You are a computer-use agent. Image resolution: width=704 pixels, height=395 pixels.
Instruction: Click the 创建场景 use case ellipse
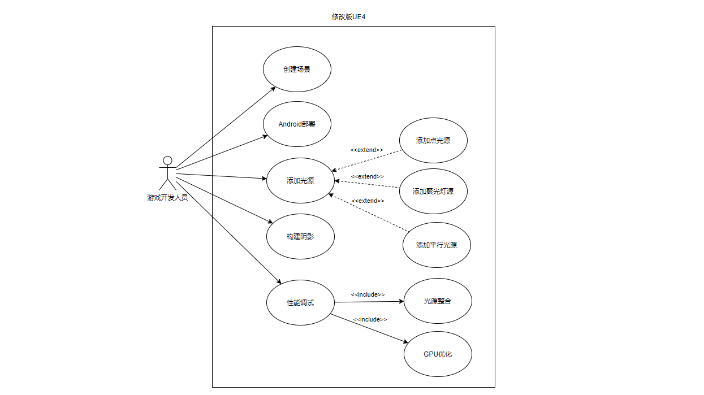coord(297,70)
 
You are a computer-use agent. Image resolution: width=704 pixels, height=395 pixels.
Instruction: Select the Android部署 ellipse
coord(297,124)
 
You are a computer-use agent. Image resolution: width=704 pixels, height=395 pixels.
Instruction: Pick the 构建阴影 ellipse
coord(300,236)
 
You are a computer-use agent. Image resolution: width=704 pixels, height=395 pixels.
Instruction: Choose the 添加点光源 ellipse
coord(433,140)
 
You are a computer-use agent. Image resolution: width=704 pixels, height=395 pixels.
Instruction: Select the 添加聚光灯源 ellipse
coord(433,191)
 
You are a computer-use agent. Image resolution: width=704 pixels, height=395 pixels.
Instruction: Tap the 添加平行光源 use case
coord(437,245)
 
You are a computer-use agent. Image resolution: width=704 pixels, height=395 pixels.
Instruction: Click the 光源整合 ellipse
coord(438,301)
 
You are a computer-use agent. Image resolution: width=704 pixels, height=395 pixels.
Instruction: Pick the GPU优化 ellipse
coord(438,354)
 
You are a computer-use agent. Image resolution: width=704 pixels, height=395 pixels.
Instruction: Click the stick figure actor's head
coord(167,160)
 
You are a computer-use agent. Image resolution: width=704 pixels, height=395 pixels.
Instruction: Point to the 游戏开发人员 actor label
coord(167,198)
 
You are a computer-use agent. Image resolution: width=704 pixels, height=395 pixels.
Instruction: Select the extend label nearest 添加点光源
coord(366,150)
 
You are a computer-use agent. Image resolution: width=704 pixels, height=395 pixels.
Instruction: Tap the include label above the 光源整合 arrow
coord(368,294)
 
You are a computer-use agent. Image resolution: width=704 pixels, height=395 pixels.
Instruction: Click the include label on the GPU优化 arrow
coord(370,319)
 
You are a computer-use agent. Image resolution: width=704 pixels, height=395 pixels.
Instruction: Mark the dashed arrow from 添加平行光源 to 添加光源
coord(368,212)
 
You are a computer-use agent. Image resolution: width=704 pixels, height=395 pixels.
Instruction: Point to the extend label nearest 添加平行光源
coord(368,201)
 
